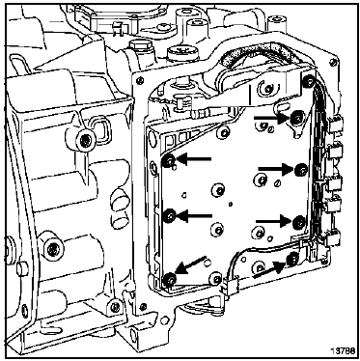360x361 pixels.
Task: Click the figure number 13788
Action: click(x=342, y=350)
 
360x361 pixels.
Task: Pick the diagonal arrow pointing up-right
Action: click(x=269, y=269)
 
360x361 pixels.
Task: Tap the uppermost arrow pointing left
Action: click(x=194, y=158)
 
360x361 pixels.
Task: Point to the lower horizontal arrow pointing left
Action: click(x=194, y=215)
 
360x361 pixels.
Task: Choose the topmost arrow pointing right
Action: click(x=271, y=118)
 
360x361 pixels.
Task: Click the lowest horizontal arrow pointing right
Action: click(x=273, y=221)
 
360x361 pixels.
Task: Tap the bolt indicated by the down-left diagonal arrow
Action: click(x=170, y=279)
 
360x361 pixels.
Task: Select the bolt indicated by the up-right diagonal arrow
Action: click(x=292, y=259)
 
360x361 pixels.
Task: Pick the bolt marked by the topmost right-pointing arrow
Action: click(x=296, y=119)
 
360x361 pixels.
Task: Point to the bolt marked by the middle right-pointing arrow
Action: click(x=300, y=169)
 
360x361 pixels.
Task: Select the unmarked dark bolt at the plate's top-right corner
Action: click(x=309, y=80)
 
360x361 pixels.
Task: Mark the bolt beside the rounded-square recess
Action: click(x=85, y=140)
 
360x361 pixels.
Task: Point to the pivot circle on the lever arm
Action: click(x=266, y=87)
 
